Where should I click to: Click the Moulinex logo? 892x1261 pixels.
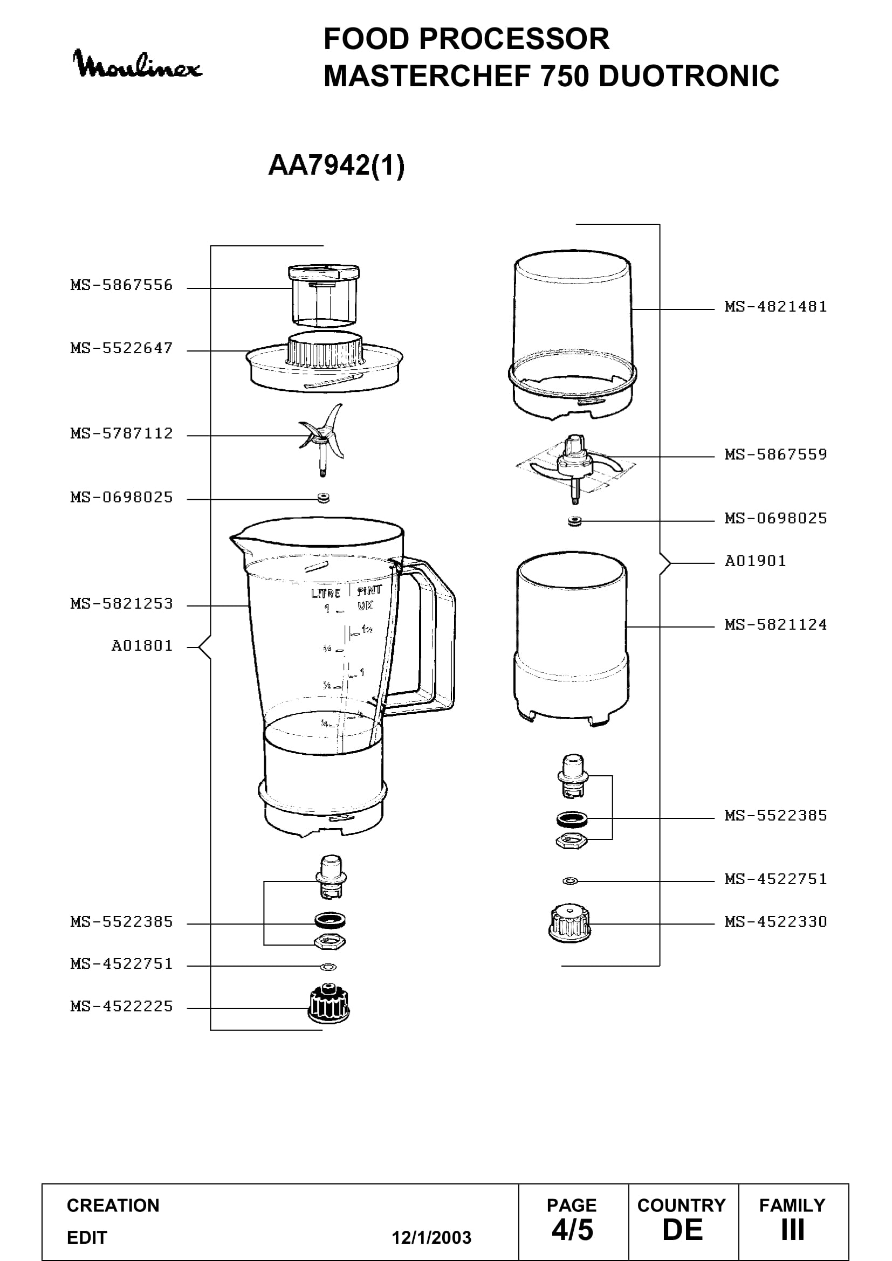[138, 64]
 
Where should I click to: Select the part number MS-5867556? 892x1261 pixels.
[121, 285]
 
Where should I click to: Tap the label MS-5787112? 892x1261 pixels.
[121, 433]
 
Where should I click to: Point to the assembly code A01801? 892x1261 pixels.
[142, 645]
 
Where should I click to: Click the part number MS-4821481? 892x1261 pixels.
[776, 306]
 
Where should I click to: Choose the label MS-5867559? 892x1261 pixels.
[776, 454]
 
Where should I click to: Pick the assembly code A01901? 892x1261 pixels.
[755, 561]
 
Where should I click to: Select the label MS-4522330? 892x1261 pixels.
[776, 921]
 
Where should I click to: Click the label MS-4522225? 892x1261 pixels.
[121, 1006]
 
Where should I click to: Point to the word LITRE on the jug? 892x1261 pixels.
[326, 593]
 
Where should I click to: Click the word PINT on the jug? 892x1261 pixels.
[369, 591]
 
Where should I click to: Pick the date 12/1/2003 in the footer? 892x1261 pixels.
[431, 1237]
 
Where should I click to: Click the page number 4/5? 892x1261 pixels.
[572, 1230]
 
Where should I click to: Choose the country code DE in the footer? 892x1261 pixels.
[683, 1230]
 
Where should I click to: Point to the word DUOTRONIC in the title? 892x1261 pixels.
[688, 76]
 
